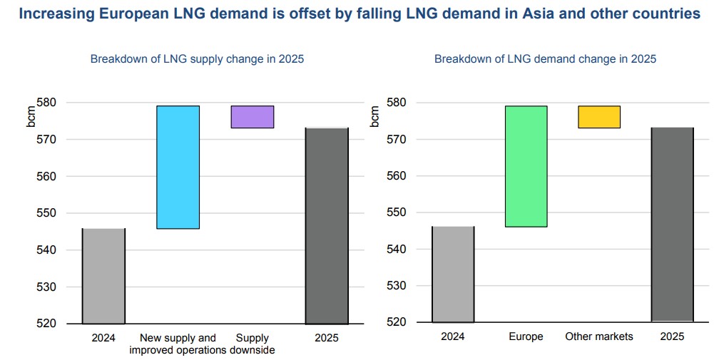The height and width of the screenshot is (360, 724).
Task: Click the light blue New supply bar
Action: pyautogui.click(x=178, y=167)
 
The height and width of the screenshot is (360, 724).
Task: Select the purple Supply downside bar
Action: pyautogui.click(x=252, y=117)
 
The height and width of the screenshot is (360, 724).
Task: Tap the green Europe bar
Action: pyautogui.click(x=526, y=166)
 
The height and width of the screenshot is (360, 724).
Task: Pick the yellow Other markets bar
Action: pyautogui.click(x=599, y=117)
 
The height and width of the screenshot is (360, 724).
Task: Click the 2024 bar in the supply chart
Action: pyautogui.click(x=103, y=276)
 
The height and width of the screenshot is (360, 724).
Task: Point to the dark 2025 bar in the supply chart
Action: pyautogui.click(x=327, y=226)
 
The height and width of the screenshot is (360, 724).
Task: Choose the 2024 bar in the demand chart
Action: pyautogui.click(x=453, y=274)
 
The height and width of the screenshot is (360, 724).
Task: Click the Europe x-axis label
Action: pyautogui.click(x=526, y=336)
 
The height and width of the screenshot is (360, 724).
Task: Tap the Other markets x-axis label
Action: pyautogui.click(x=599, y=336)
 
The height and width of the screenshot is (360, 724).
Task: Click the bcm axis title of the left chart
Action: pyautogui.click(x=32, y=115)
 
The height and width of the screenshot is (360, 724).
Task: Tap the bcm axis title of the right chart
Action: pyautogui.click(x=376, y=115)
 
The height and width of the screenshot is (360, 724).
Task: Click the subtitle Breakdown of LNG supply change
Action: pyautogui.click(x=197, y=59)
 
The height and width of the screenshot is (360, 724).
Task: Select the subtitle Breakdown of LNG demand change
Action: pyautogui.click(x=545, y=59)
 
